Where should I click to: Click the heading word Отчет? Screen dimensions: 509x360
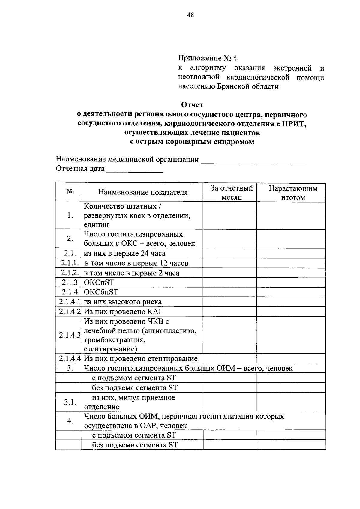pyautogui.click(x=192, y=105)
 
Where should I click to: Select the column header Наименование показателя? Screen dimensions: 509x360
pyautogui.click(x=143, y=192)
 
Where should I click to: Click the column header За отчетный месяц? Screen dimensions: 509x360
pyautogui.click(x=232, y=192)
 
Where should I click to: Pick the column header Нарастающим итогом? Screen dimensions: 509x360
pyautogui.click(x=292, y=193)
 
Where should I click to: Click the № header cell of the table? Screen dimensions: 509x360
pyautogui.click(x=70, y=192)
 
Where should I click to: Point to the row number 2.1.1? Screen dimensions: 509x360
pyautogui.click(x=70, y=263)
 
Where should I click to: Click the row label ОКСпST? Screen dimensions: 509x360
pyautogui.click(x=99, y=282)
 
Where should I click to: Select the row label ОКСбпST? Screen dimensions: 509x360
pyautogui.click(x=101, y=292)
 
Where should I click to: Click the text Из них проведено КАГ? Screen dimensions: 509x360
pyautogui.click(x=124, y=312)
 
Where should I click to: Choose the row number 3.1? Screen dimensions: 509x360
pyautogui.click(x=70, y=402)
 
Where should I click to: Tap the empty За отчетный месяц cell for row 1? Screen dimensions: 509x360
pyautogui.click(x=229, y=215)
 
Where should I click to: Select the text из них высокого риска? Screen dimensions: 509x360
pyautogui.click(x=123, y=302)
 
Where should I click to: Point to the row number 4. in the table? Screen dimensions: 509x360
pyautogui.click(x=70, y=421)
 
